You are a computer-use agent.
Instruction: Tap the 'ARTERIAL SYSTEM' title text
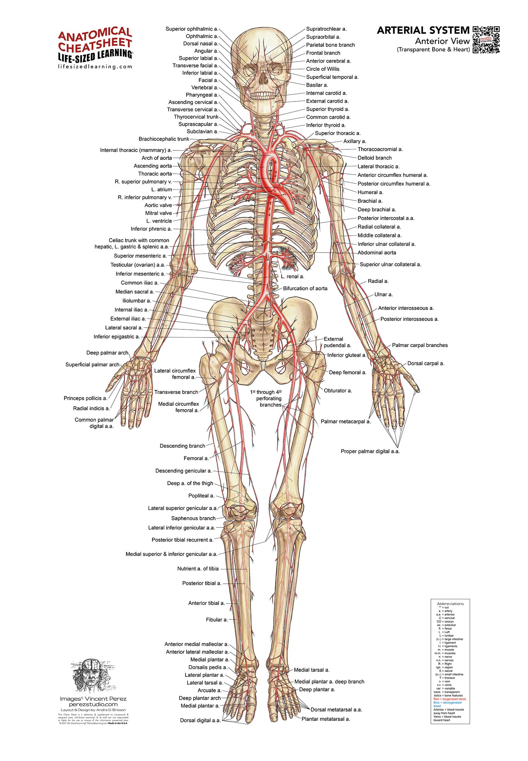tap(423, 30)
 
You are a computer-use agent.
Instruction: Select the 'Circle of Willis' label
tap(322, 69)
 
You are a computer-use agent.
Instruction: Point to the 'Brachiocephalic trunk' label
tap(164, 139)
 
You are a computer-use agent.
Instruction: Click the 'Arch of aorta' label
tap(157, 158)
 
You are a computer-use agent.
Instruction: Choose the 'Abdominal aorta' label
tap(377, 253)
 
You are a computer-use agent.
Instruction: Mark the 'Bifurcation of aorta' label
tap(305, 289)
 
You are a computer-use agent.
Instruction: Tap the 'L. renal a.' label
tap(292, 277)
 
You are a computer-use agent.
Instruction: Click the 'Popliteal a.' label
tap(201, 496)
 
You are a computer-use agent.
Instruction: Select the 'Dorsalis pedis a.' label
tap(208, 667)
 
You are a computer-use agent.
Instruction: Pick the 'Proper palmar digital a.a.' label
tap(370, 451)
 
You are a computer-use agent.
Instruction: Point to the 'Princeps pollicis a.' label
tap(85, 398)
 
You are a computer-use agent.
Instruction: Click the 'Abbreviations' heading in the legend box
tap(450, 604)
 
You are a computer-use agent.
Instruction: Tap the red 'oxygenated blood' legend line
tap(450, 699)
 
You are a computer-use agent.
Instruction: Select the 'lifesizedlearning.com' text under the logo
tap(95, 67)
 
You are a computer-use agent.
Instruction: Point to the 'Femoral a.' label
tap(196, 458)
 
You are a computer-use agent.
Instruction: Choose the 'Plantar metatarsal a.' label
tap(326, 719)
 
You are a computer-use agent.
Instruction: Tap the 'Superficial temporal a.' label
tap(332, 77)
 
